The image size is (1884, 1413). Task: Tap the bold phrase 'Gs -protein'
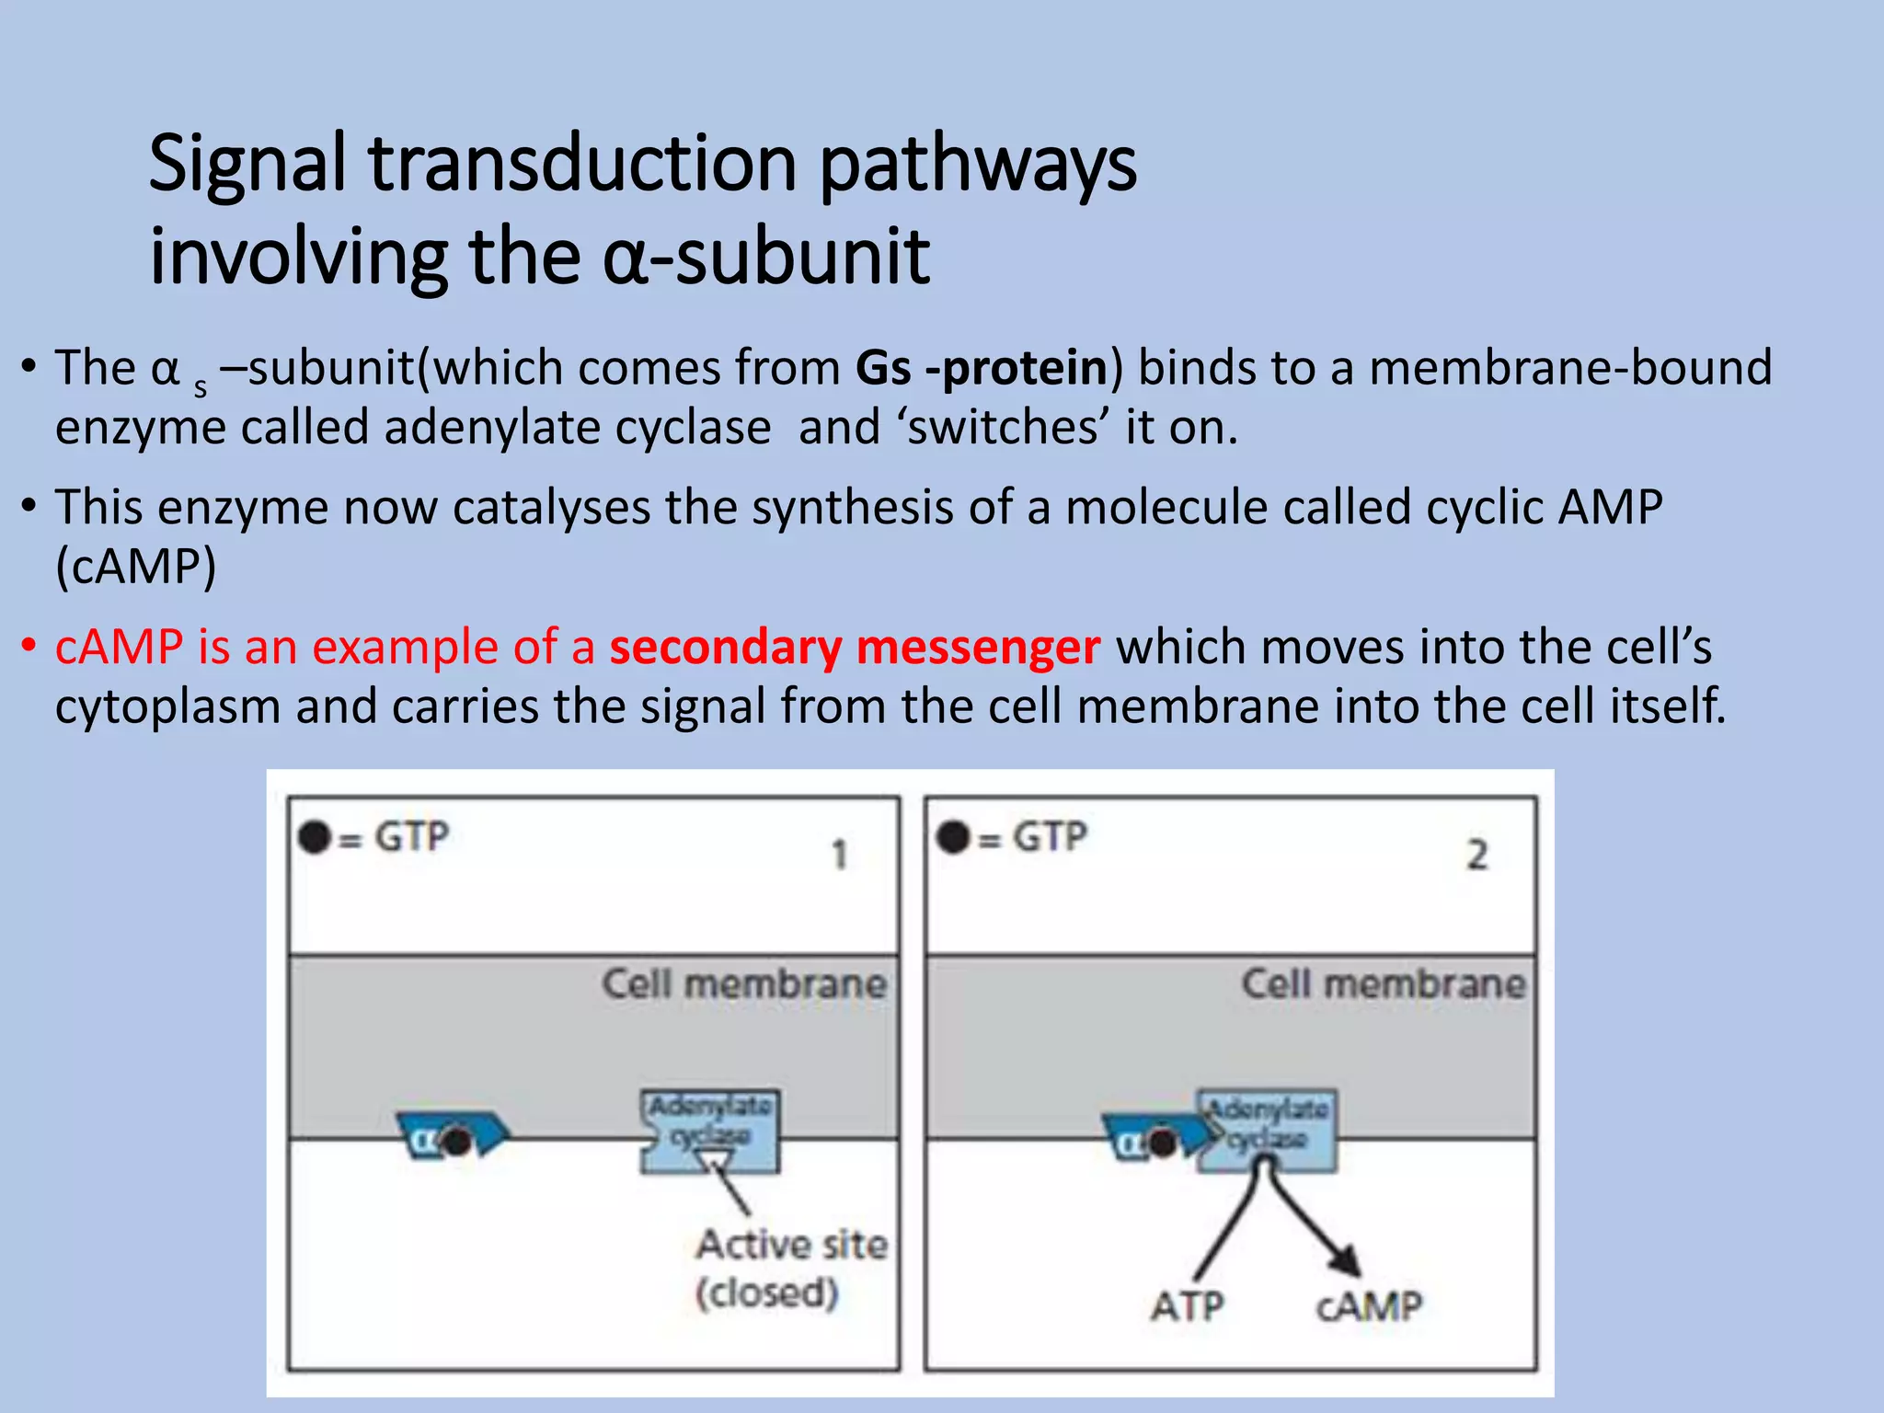pos(982,369)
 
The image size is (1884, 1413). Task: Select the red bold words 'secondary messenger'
pos(855,648)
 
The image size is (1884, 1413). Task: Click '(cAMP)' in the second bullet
pos(136,567)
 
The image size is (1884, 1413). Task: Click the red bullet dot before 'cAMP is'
pos(29,646)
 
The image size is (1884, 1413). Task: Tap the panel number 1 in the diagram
pos(839,856)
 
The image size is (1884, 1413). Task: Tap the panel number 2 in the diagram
pos(1476,856)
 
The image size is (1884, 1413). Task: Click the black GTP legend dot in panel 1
pos(315,838)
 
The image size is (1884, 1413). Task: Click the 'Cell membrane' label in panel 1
pos(744,984)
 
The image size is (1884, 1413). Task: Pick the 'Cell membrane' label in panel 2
pos(1383,984)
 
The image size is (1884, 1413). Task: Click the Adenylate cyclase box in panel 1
pos(710,1130)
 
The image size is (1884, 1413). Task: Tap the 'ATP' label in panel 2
pos(1187,1306)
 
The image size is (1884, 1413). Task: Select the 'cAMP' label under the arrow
pos(1368,1306)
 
